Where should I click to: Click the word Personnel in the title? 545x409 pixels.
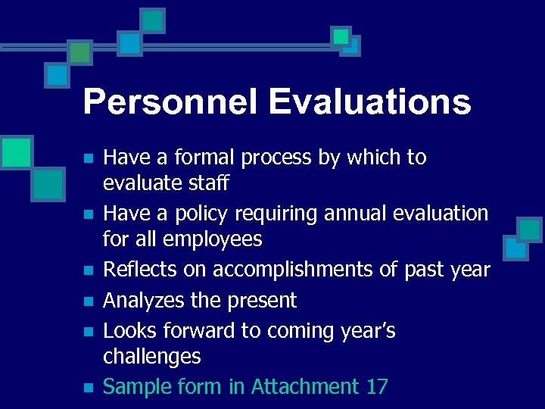[170, 102]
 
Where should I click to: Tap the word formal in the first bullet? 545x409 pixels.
[201, 158]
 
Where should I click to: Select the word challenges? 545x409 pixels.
[151, 357]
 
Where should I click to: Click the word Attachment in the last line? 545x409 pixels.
[305, 387]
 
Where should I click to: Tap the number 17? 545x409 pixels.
[376, 387]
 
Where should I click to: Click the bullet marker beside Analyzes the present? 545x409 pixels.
[89, 301]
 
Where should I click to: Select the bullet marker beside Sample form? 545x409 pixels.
[89, 388]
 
